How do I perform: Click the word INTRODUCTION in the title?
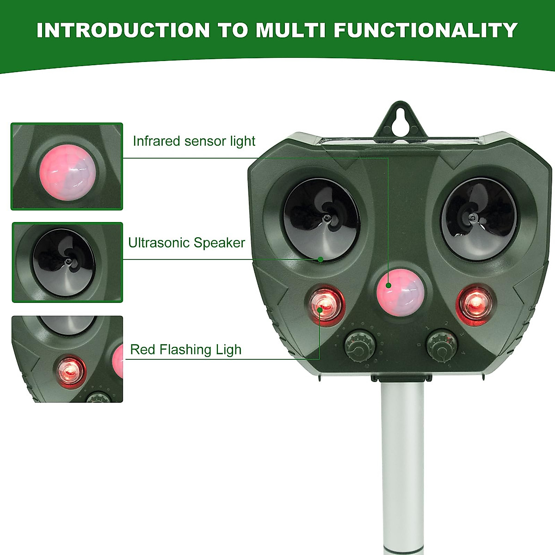pyautogui.click(x=123, y=31)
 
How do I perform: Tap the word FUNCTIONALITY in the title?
pyautogui.click(x=425, y=31)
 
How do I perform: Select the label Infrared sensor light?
pyautogui.click(x=194, y=141)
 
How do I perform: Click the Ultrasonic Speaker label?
pyautogui.click(x=186, y=243)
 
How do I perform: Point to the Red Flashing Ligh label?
pyautogui.click(x=185, y=350)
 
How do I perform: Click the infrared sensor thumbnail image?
pyautogui.click(x=67, y=166)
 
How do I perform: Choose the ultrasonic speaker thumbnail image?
pyautogui.click(x=68, y=262)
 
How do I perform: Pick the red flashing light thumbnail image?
pyautogui.click(x=68, y=359)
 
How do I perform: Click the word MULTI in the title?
pyautogui.click(x=291, y=31)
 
